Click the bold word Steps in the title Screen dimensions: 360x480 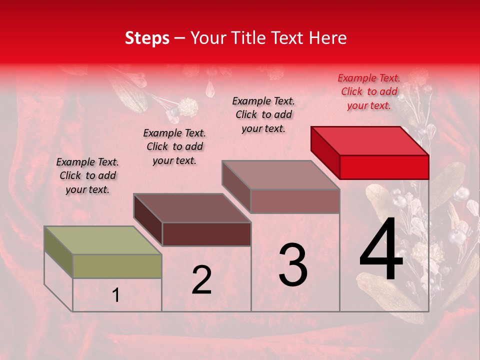coord(147,38)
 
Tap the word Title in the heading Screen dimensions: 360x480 coord(253,38)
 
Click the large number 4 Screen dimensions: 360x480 coord(381,250)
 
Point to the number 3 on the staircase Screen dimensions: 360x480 coord(293,265)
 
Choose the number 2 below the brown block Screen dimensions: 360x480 coord(201,280)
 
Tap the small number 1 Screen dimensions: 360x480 coord(116,295)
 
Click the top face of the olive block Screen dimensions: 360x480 coord(103,240)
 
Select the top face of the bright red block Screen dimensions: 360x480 coord(370,140)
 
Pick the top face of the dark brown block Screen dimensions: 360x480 coord(192,208)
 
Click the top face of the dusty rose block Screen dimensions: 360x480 coord(281,175)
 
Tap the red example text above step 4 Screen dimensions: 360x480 coord(369,91)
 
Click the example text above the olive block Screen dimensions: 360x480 coord(87,175)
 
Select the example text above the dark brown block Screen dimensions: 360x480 coord(174,146)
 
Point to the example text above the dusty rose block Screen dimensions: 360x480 coord(263,114)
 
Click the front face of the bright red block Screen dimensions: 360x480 coord(384,167)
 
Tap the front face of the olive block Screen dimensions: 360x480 coord(117,266)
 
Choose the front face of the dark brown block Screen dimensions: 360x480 coord(206,234)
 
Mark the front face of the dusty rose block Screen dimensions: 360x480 coord(295,201)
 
